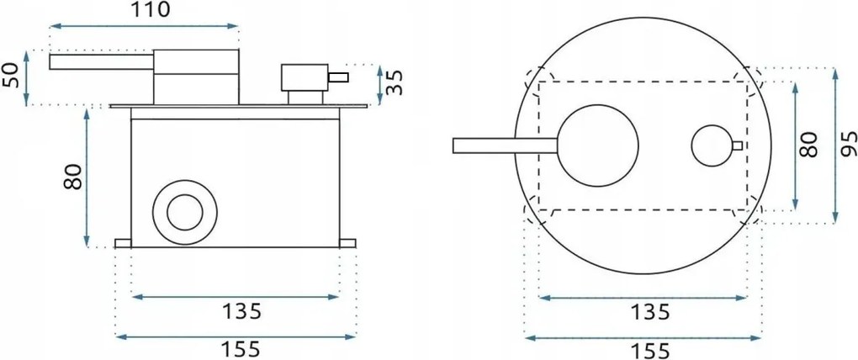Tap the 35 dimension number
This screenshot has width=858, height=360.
[x=395, y=82]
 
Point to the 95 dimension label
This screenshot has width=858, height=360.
[x=847, y=144]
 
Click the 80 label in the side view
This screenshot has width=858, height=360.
[x=72, y=177]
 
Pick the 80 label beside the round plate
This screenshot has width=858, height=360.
[x=808, y=145]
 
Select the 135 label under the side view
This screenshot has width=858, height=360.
[x=241, y=311]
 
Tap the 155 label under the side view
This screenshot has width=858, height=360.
[x=241, y=349]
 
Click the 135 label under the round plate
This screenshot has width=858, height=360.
[x=649, y=312]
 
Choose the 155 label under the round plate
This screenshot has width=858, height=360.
[x=649, y=350]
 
